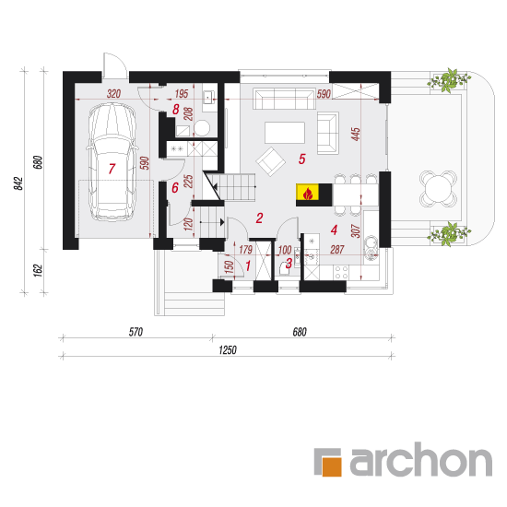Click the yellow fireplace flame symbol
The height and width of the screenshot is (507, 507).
(308, 193)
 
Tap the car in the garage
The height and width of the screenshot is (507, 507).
(112, 162)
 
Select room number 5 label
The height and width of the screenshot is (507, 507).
(302, 159)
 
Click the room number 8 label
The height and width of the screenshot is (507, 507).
(175, 110)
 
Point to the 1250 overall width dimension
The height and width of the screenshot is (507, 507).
(228, 350)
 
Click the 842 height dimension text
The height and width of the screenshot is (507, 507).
(18, 183)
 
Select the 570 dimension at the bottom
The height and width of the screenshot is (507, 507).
(136, 332)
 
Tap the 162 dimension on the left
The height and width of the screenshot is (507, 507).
(38, 270)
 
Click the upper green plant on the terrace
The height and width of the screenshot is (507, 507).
(449, 80)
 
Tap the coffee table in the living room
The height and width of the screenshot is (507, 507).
(285, 132)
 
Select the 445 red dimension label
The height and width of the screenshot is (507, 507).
(356, 134)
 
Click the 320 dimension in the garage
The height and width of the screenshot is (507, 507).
(113, 94)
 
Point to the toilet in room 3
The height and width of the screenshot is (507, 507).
(284, 268)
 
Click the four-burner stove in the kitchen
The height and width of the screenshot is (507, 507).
(341, 272)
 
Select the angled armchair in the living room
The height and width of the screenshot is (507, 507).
(271, 161)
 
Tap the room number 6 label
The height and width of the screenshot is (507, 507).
(175, 187)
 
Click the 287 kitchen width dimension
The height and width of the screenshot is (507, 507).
(336, 249)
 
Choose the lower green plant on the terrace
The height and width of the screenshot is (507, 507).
(449, 234)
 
